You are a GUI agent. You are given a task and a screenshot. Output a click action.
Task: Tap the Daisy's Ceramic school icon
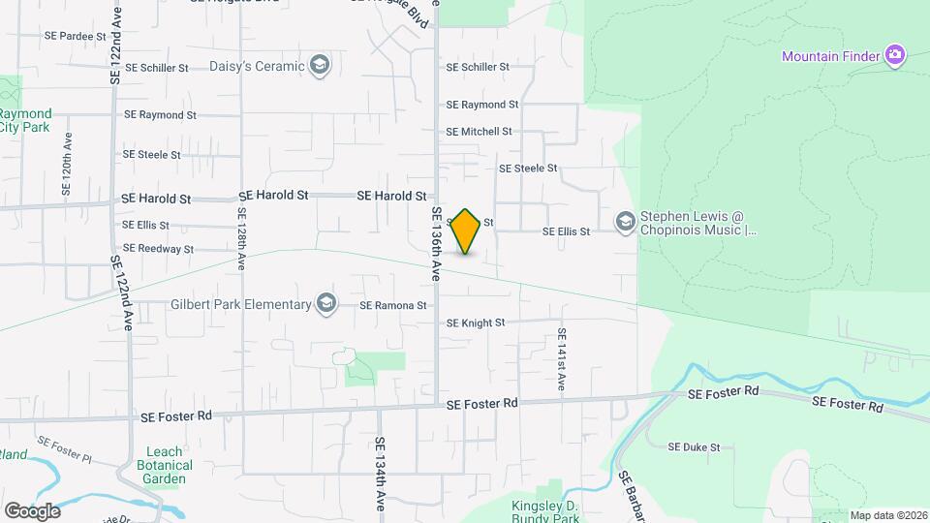(x=319, y=67)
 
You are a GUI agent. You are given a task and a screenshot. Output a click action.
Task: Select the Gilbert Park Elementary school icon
(x=325, y=305)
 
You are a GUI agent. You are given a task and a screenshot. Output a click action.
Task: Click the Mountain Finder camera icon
(x=895, y=55)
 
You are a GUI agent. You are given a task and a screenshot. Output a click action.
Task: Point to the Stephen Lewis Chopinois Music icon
(x=626, y=224)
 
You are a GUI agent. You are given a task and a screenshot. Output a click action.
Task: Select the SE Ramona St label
(x=393, y=305)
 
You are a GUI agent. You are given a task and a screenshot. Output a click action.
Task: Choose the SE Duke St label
(x=696, y=447)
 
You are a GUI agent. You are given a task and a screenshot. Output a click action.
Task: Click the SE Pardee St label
(x=75, y=36)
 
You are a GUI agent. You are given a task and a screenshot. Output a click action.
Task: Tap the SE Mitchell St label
(x=479, y=132)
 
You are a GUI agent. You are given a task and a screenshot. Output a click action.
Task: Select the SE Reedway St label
(x=158, y=249)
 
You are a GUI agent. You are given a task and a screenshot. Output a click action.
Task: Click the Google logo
(x=32, y=510)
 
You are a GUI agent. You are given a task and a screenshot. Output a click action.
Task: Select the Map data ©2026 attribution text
(x=888, y=515)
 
